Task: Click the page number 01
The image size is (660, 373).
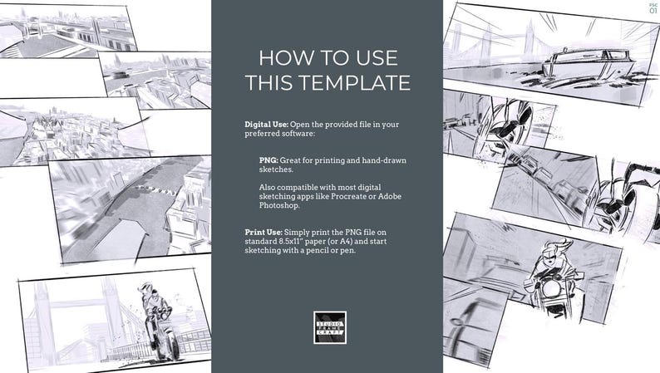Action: tap(653, 11)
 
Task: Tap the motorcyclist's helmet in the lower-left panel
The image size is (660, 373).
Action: tap(147, 290)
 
